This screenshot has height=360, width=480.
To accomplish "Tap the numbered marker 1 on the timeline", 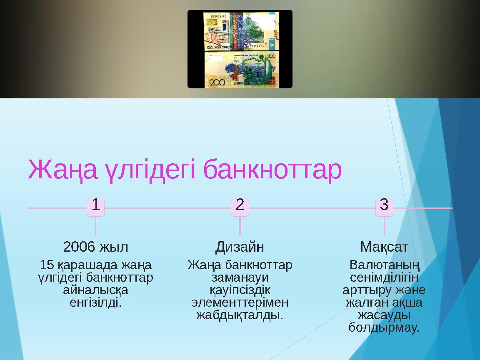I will (95, 205).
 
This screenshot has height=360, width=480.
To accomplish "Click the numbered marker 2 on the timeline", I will (240, 205).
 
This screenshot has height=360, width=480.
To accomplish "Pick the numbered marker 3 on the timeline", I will (384, 205).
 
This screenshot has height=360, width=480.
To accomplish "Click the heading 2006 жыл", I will (95, 247).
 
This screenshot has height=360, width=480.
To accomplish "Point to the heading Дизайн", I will (240, 247).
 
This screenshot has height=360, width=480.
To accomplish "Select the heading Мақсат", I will (384, 247).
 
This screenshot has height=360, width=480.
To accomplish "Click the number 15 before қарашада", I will (46, 265).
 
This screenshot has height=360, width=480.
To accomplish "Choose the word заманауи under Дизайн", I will (240, 277).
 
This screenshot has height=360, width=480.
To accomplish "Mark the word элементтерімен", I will (240, 302).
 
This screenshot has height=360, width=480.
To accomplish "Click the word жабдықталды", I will (240, 314).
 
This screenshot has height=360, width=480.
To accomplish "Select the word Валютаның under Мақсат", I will (384, 265).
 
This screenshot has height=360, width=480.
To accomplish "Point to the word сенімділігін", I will (384, 277).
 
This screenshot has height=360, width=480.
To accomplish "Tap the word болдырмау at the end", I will (384, 327).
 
